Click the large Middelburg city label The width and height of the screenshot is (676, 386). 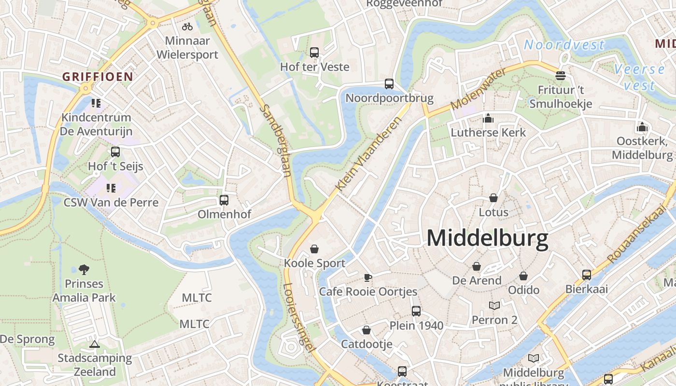(488, 238)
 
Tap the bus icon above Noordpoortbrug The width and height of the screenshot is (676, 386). (389, 83)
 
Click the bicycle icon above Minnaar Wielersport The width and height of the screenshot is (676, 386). (187, 27)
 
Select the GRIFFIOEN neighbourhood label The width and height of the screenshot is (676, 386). (98, 76)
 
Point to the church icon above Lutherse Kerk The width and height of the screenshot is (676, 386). (488, 118)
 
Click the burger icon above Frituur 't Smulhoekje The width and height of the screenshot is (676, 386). (561, 75)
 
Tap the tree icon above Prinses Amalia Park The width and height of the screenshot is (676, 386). (84, 269)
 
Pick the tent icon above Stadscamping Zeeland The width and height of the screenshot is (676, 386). (95, 344)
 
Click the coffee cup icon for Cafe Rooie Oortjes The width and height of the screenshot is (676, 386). (368, 277)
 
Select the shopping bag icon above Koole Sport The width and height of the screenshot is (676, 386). (314, 249)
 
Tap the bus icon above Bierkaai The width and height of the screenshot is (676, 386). (587, 275)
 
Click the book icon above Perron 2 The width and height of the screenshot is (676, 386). (494, 305)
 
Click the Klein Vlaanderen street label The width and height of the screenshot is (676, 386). (368, 154)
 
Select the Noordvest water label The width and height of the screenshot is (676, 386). (564, 45)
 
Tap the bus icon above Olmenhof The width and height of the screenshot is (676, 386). (224, 200)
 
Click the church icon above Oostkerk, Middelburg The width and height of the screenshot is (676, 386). (642, 127)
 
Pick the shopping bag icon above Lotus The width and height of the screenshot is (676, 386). (493, 198)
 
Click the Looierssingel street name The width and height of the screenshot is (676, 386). (299, 316)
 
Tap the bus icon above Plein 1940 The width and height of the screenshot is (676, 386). (416, 311)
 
